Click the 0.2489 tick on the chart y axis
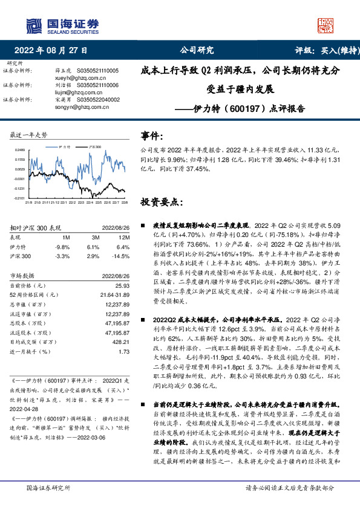click(x=19, y=150)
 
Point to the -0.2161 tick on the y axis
click(x=19, y=198)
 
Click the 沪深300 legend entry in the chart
click(x=94, y=146)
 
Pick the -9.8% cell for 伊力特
click(x=62, y=247)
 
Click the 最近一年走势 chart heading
click(x=28, y=134)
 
